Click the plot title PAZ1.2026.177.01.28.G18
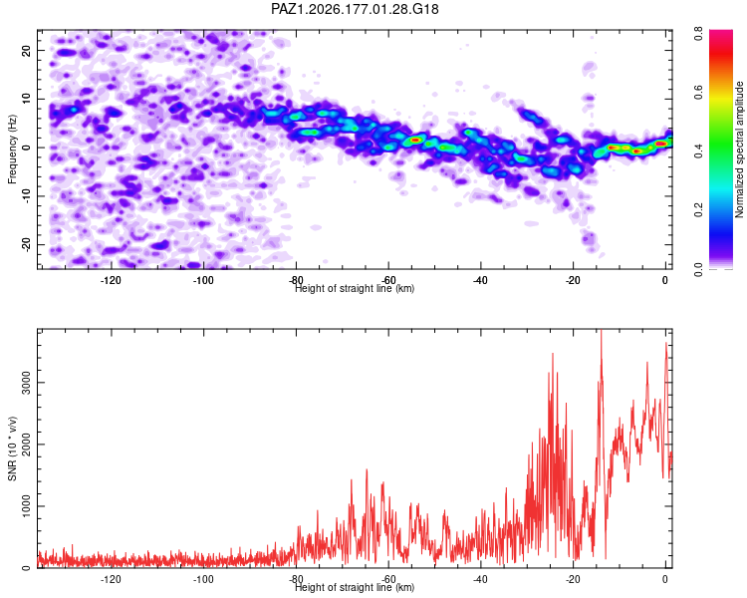tap(355, 9)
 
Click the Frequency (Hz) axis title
tap(12, 149)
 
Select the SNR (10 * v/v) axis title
tap(12, 448)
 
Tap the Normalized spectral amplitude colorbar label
tap(739, 149)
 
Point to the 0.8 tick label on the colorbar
tap(698, 34)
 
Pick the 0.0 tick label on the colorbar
tap(698, 269)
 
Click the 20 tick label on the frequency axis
tap(26, 50)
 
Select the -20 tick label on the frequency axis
tap(26, 244)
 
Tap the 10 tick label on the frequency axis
tap(26, 99)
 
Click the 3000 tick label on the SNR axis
tap(26, 383)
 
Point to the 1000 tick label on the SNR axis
tap(26, 506)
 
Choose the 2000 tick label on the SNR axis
tap(26, 444)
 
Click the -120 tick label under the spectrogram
tap(111, 280)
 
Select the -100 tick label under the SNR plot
tap(203, 579)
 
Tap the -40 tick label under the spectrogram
tap(480, 280)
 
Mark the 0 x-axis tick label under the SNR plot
tap(665, 579)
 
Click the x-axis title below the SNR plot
tap(355, 587)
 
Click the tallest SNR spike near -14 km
tap(602, 331)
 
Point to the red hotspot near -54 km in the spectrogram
tap(415, 140)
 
